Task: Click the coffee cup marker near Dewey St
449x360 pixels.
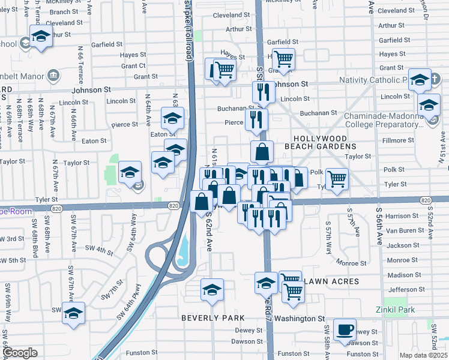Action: pos(345,329)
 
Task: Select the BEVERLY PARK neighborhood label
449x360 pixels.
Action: pos(213,318)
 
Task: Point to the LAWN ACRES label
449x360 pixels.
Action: pos(331,281)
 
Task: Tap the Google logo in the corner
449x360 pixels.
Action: pos(20,353)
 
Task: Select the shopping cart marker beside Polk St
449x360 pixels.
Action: pos(337,178)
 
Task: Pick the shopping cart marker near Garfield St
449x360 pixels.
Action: pos(283,59)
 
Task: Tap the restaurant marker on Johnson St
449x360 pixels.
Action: pos(263,92)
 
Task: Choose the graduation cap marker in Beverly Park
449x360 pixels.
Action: pos(212,290)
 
